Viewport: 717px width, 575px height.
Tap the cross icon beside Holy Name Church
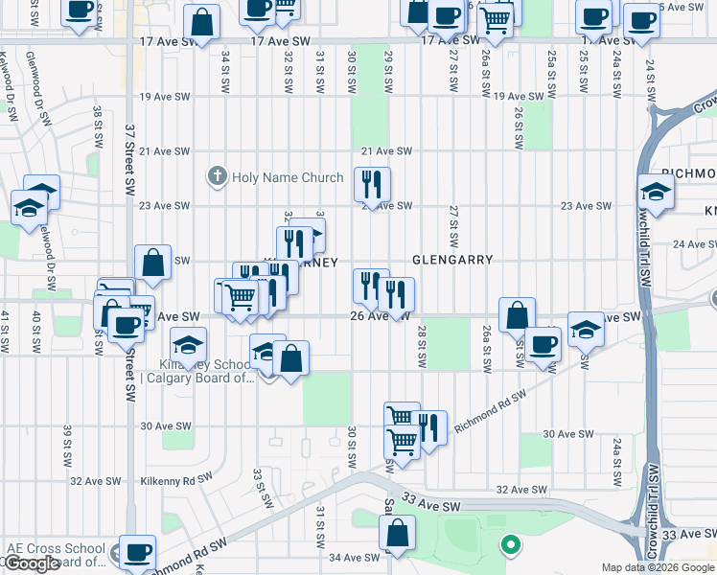click(x=218, y=177)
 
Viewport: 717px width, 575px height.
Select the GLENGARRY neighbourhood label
click(x=452, y=260)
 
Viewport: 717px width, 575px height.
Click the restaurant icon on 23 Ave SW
click(x=372, y=183)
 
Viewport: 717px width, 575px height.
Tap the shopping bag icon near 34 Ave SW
click(x=397, y=532)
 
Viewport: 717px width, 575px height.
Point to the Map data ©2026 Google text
click(x=659, y=567)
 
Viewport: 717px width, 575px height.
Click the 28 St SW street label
click(x=421, y=347)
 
